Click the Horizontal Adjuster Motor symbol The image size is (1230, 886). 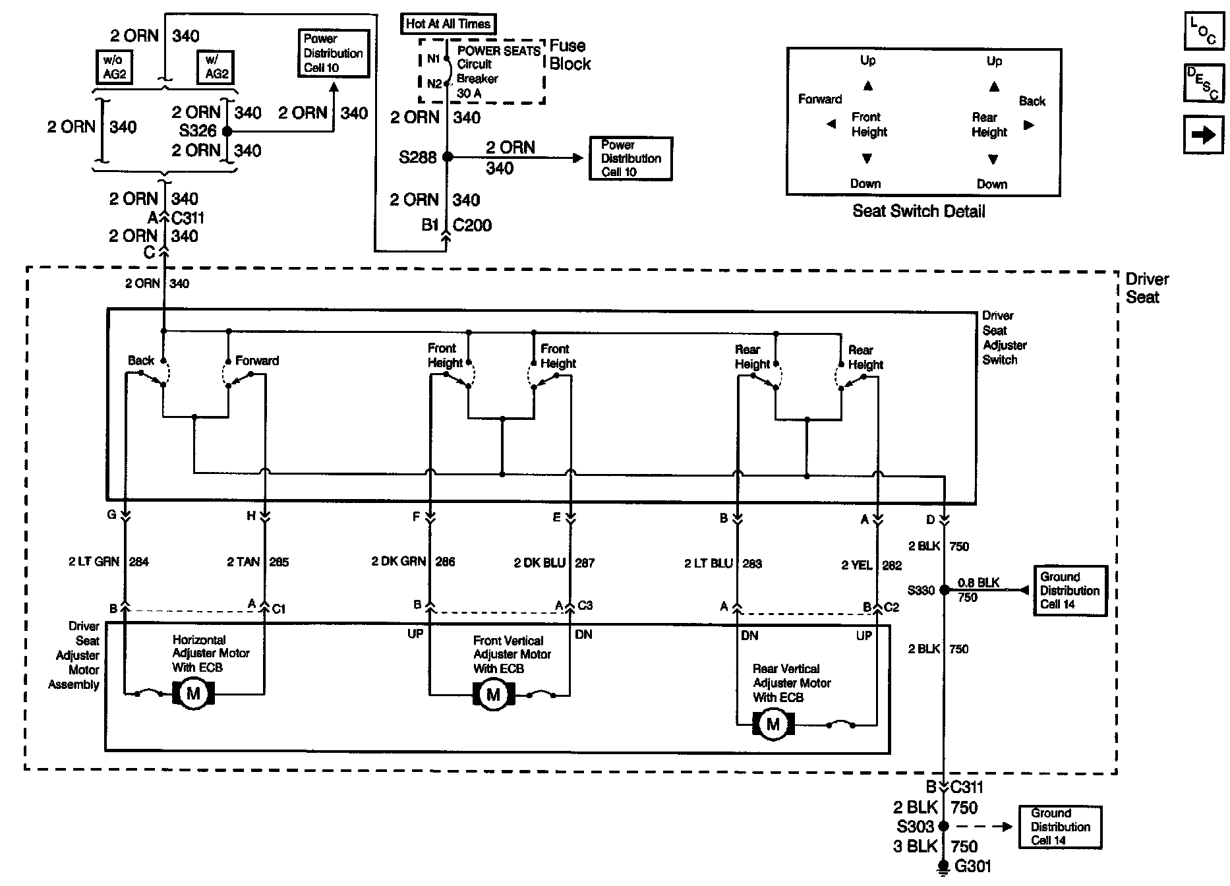tap(193, 694)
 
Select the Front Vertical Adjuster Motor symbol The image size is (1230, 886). tap(493, 694)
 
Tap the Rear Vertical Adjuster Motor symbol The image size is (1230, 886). tap(773, 724)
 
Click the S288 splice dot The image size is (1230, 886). tap(448, 157)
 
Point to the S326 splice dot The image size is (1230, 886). tap(227, 131)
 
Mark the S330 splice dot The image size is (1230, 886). tap(944, 590)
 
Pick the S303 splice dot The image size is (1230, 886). tap(944, 826)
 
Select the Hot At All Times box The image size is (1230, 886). tap(448, 24)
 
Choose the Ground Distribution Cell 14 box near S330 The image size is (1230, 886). tap(1069, 591)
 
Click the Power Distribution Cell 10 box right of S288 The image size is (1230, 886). tap(630, 158)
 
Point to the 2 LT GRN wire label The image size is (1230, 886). tap(94, 562)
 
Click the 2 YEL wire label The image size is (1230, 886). tap(856, 565)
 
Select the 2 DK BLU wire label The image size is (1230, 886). tap(540, 563)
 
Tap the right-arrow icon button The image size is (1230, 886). tap(1203, 135)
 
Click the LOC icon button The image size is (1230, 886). tap(1203, 31)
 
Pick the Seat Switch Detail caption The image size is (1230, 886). tap(918, 212)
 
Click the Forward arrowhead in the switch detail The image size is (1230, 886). tap(831, 124)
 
